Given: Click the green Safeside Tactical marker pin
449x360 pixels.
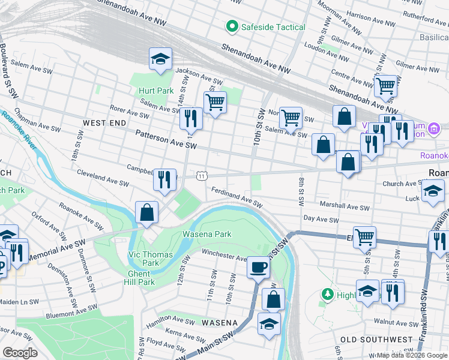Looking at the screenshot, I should [231, 27].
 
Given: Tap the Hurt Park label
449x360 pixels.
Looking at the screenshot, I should [155, 91].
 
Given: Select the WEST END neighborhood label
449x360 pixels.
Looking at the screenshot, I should [104, 123].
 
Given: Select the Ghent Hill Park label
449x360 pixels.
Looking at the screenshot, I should [139, 278].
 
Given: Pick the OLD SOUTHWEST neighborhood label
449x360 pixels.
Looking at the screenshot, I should [376, 340].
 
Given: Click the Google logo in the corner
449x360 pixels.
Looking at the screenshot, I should [20, 353].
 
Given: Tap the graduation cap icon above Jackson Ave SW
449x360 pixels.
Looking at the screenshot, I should [160, 59].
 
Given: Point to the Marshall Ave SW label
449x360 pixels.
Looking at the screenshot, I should [345, 207].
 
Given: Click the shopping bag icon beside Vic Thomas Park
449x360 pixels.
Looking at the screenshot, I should [146, 212].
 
